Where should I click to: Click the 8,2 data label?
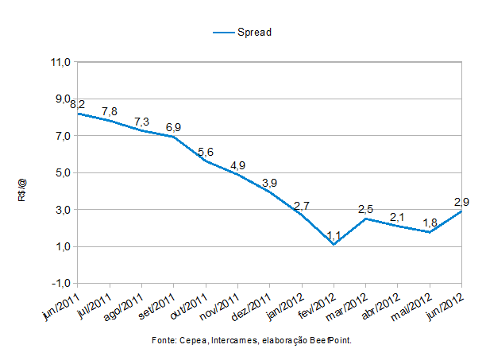[78, 104]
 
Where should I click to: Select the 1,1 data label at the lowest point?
[334, 235]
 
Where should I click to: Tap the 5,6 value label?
[206, 152]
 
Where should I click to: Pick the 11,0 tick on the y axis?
[61, 61]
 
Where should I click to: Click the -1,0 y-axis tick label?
[60, 284]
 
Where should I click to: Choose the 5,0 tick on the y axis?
[63, 172]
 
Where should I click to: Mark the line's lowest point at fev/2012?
[334, 245]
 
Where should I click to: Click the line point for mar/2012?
[365, 219]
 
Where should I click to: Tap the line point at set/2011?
[174, 137]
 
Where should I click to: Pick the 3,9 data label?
[269, 183]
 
